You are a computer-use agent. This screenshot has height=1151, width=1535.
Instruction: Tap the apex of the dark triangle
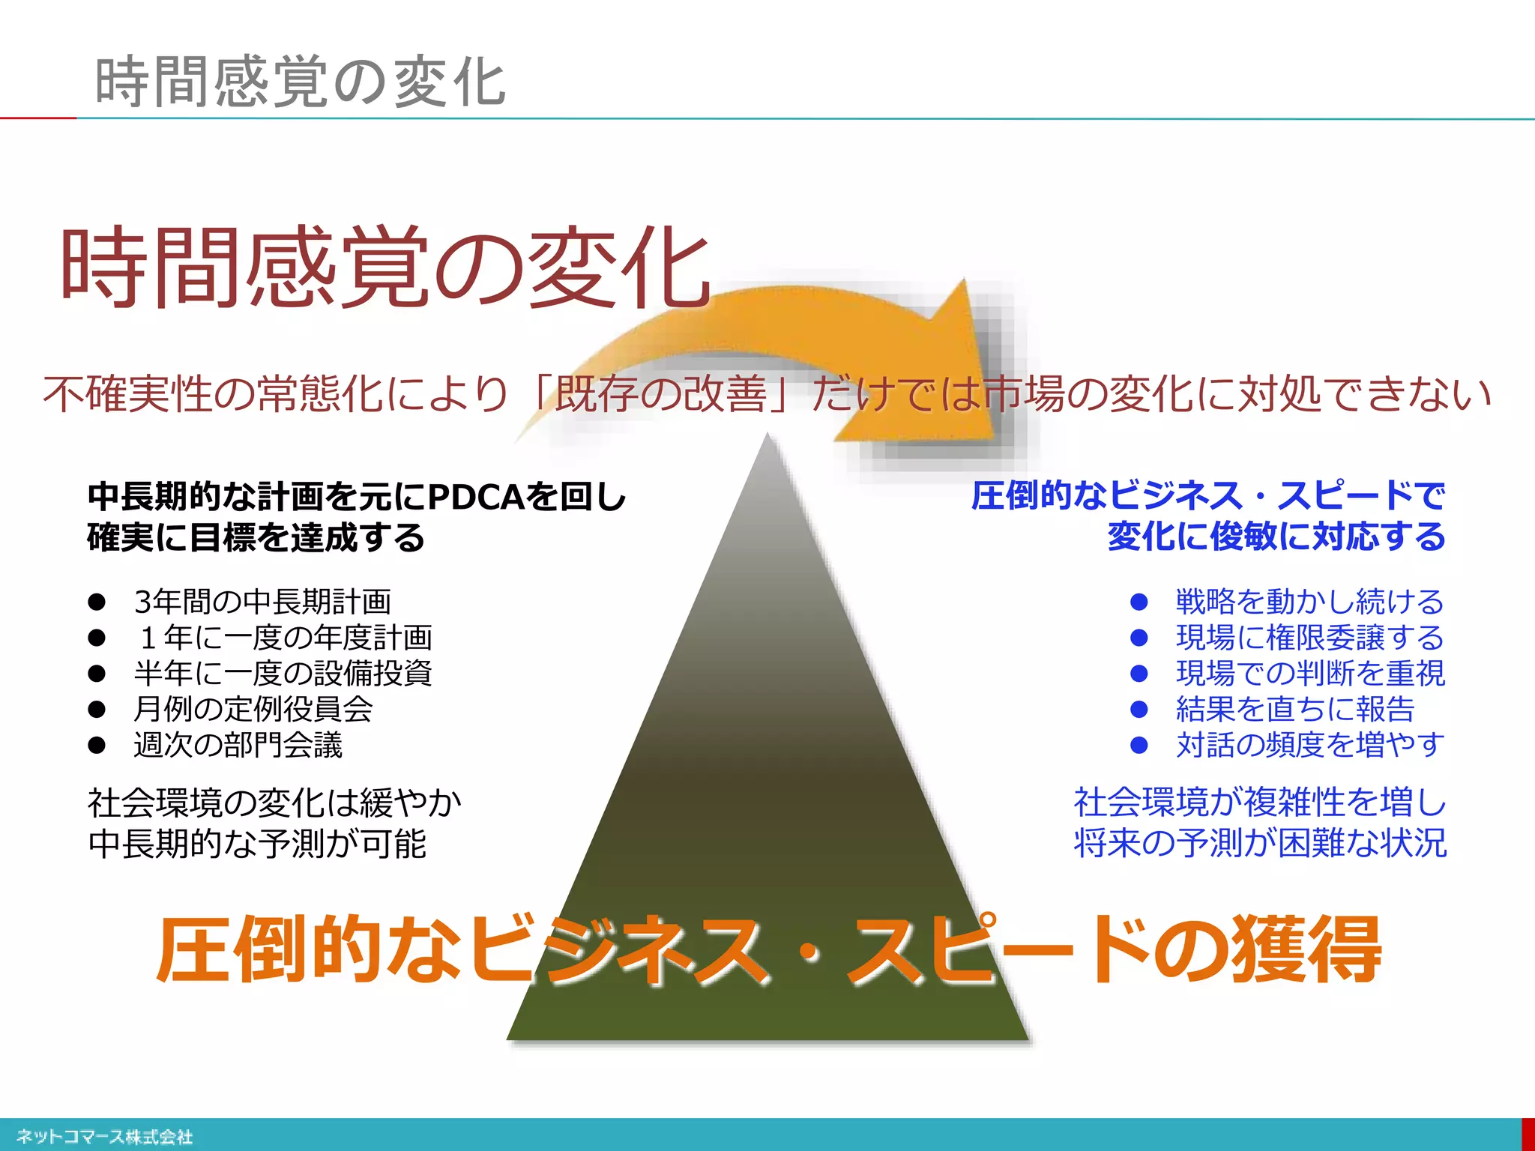click(x=767, y=438)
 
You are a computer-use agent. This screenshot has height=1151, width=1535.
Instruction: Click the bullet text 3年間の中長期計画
click(x=262, y=601)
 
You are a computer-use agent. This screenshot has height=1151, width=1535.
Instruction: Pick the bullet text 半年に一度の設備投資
click(x=283, y=673)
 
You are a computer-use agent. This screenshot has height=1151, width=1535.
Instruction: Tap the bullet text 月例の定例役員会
click(x=253, y=709)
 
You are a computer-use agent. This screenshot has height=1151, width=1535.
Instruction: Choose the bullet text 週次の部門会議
click(x=238, y=745)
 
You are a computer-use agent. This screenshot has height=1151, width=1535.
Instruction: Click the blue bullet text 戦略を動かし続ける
click(x=1309, y=601)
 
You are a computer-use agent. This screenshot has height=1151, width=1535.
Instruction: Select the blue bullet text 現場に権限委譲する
click(x=1309, y=637)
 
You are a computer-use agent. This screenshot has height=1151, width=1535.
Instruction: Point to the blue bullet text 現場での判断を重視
click(x=1309, y=673)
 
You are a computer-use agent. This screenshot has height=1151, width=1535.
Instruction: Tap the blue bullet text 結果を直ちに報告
click(x=1294, y=709)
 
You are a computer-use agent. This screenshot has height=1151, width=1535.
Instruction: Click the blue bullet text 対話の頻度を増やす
click(x=1309, y=745)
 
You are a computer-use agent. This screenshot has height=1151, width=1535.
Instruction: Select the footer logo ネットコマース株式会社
click(x=104, y=1137)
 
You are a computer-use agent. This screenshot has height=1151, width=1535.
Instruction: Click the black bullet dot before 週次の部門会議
click(x=97, y=745)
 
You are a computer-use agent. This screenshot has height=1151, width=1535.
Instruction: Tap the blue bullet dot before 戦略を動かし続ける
click(x=1139, y=601)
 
